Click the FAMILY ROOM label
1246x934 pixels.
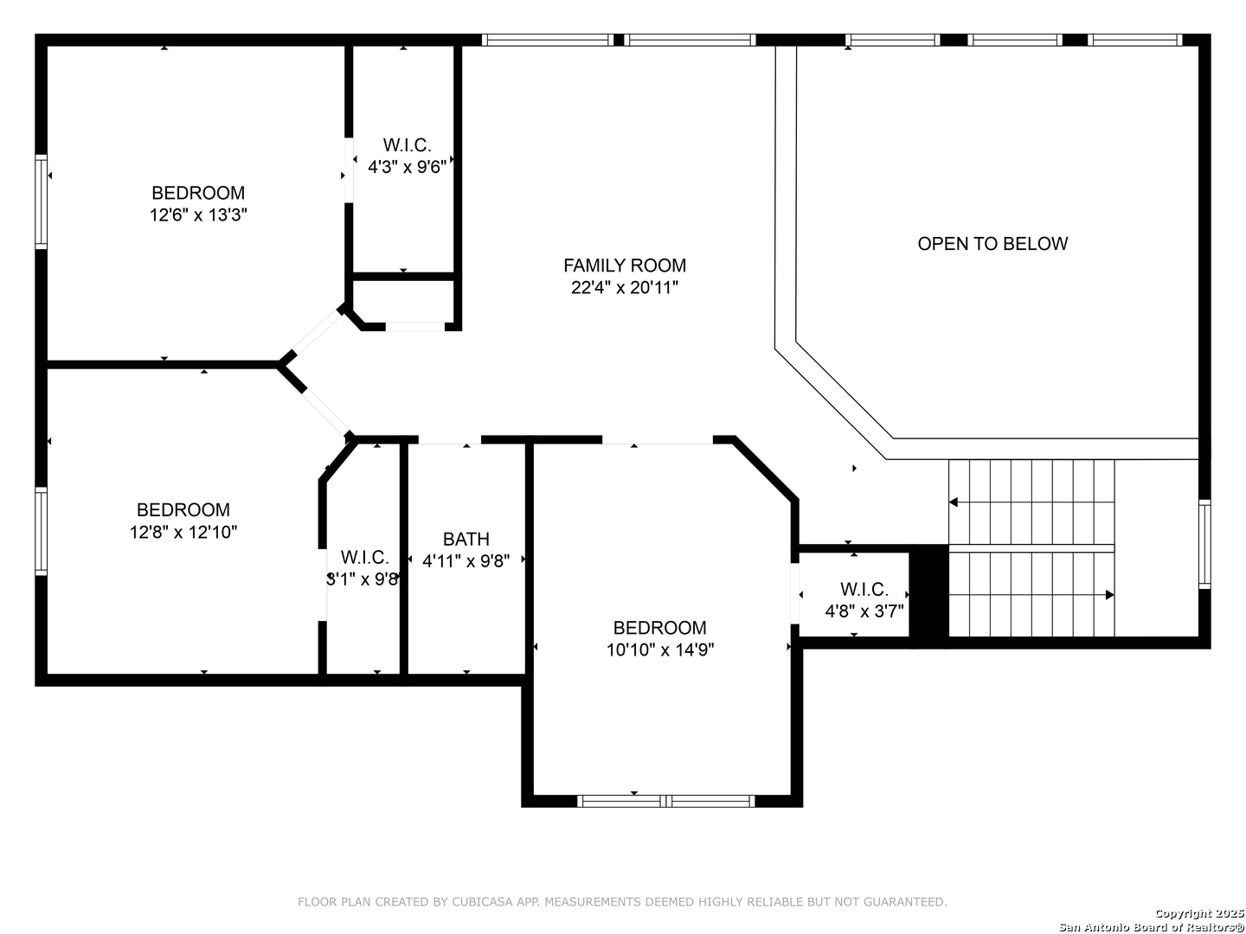coord(625,265)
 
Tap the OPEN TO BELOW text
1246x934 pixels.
coord(992,244)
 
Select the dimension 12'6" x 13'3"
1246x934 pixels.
coord(198,215)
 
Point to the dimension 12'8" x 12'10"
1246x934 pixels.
coord(183,532)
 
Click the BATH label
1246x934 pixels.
coord(466,539)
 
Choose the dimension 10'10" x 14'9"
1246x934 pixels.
coord(660,649)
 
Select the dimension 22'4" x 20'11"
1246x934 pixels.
coord(625,287)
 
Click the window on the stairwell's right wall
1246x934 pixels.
coord(1204,545)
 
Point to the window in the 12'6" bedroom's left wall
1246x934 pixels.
coord(41,202)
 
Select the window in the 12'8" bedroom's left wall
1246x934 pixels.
coord(41,531)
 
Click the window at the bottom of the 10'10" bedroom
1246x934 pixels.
coord(666,801)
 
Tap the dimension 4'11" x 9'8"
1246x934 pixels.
coord(466,561)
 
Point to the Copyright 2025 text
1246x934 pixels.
coord(1199,913)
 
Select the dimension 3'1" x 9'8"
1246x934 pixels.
coord(363,579)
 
